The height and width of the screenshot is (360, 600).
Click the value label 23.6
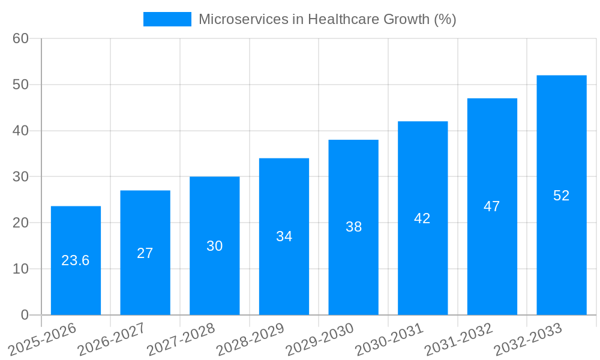click(76, 260)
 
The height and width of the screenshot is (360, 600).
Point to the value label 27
click(145, 253)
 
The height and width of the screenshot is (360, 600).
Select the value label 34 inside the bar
click(284, 236)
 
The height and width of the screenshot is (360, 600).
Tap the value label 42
click(422, 218)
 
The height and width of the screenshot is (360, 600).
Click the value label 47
click(492, 206)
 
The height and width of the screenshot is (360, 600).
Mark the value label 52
click(561, 196)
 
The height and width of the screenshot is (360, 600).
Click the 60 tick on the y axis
click(21, 38)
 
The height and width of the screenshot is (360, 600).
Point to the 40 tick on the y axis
click(21, 131)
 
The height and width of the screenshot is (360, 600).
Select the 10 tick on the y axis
click(21, 269)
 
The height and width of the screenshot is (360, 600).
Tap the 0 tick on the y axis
click(25, 315)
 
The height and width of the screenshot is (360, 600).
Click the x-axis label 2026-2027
click(112, 340)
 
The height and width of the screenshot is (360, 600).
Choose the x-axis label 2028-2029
click(250, 340)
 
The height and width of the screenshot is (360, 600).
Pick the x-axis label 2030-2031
click(389, 340)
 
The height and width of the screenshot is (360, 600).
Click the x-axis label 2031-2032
click(458, 340)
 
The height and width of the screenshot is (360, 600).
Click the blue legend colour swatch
click(167, 19)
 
